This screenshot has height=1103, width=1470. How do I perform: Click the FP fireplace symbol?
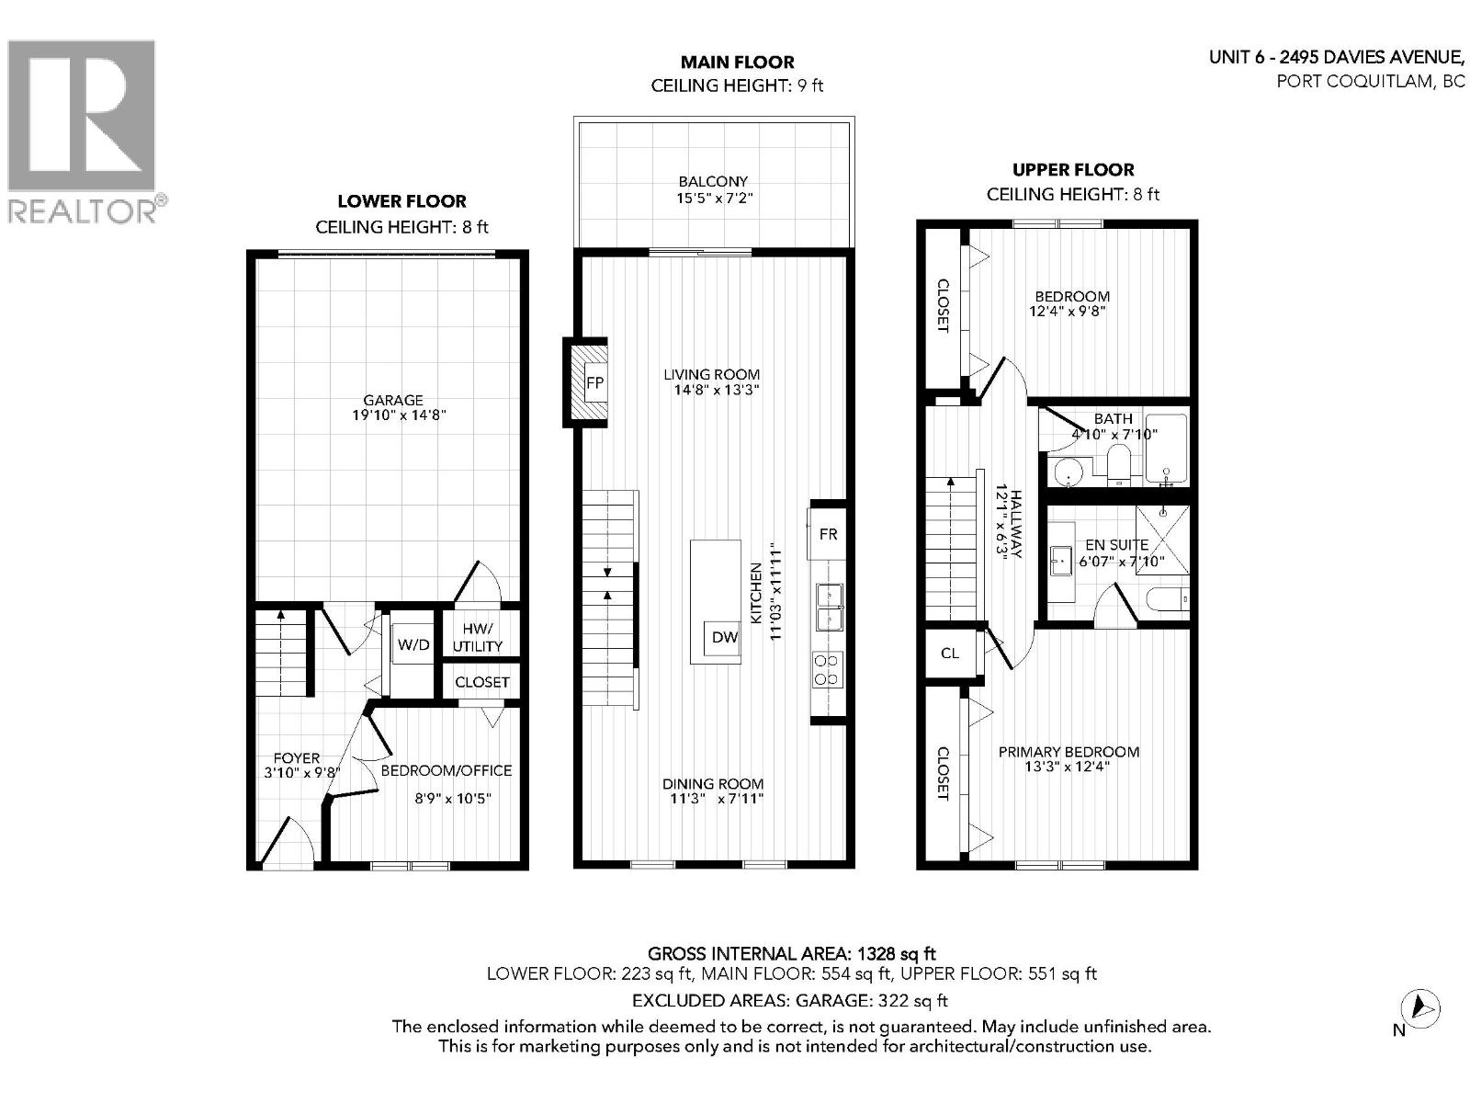(x=594, y=382)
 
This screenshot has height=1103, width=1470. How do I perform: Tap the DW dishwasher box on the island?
(x=724, y=636)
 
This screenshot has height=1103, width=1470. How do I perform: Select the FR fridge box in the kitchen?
(x=828, y=533)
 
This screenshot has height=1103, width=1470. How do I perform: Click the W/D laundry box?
(x=413, y=644)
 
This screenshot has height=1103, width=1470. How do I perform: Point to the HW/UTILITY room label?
(x=478, y=637)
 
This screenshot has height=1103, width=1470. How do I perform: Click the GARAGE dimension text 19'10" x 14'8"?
(x=393, y=415)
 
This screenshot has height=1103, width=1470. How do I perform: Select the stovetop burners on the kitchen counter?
(x=827, y=669)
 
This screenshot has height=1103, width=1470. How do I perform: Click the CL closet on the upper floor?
(x=950, y=653)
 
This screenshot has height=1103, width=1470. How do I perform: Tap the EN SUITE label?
(x=1116, y=544)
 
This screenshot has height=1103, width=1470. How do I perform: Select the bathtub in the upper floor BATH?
(x=1166, y=450)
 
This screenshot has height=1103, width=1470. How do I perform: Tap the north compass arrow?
(x=1422, y=1007)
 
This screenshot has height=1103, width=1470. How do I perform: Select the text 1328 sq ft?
(x=897, y=954)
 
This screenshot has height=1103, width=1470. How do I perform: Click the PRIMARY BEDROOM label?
(x=1069, y=751)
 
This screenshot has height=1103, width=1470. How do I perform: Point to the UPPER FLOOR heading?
(x=1073, y=169)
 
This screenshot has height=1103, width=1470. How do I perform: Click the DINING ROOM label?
(x=713, y=783)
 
